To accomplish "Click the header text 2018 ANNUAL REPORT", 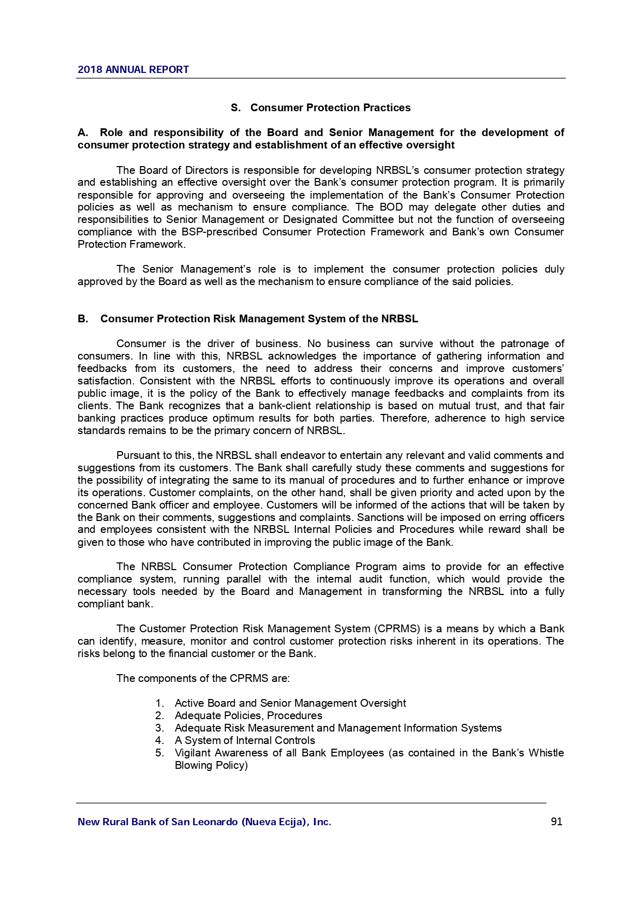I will (133, 70).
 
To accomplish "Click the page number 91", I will (557, 822).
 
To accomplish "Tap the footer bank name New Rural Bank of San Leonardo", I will (204, 822).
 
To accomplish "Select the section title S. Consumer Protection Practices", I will (321, 108).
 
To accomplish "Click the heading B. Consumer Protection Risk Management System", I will (248, 319).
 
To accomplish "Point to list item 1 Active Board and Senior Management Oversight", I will (290, 703).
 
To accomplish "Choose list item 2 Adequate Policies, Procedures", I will (248, 716).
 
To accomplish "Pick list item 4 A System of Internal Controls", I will (245, 740).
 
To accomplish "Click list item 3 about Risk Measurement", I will (338, 728).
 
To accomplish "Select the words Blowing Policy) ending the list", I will (211, 765).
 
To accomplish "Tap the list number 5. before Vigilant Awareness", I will (159, 753).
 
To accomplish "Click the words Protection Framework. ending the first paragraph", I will (131, 244).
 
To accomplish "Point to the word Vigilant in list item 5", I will (192, 753).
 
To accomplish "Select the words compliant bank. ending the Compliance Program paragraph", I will (115, 604).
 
